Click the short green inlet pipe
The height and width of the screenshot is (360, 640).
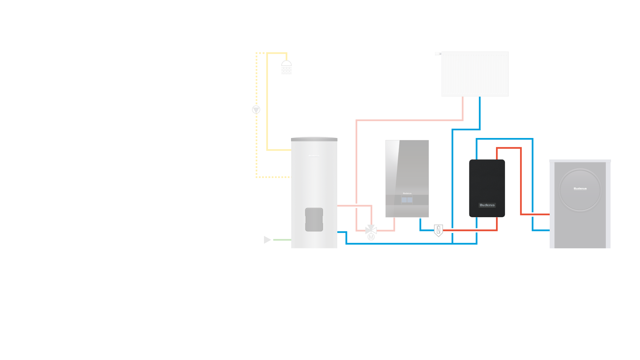(282, 240)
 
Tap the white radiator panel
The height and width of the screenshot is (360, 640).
(475, 74)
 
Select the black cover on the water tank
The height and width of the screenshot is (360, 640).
(314, 220)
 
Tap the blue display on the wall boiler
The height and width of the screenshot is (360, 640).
(407, 200)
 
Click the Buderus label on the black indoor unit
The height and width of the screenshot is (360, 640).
(487, 205)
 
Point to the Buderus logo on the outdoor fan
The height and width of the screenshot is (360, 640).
(580, 189)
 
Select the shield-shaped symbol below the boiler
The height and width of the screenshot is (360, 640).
(438, 230)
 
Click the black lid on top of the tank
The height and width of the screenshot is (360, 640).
(314, 139)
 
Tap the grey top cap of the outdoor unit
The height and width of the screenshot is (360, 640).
(580, 161)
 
